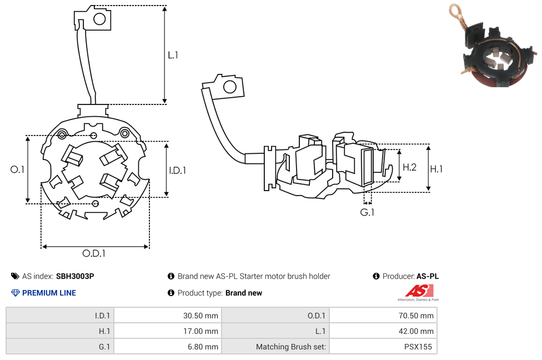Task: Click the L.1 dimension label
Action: pos(173,55)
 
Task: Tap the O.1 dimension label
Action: pos(18,169)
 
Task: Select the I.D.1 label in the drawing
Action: pos(177,171)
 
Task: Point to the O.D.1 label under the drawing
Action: pos(94,253)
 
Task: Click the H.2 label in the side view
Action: pos(409,167)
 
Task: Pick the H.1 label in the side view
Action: pos(436,168)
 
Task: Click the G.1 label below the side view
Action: pos(367,212)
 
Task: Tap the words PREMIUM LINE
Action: pos(49,293)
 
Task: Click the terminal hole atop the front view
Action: pos(99,19)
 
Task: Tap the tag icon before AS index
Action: pos(15,276)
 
